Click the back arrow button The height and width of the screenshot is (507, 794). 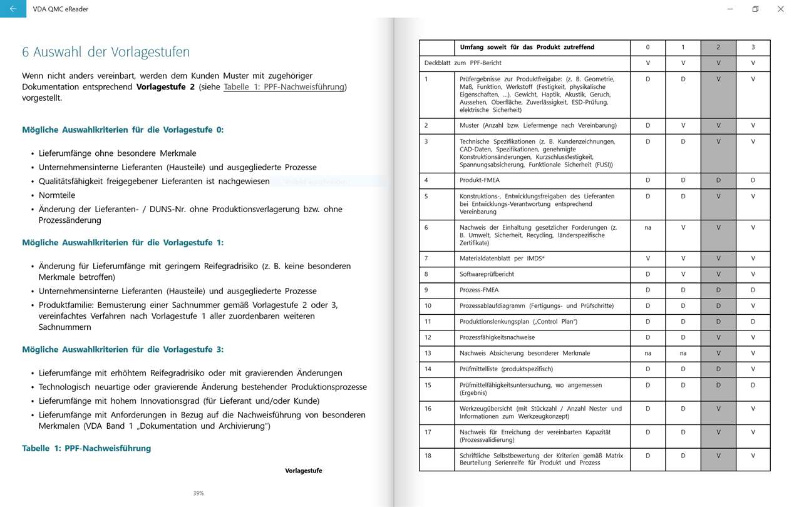pyautogui.click(x=13, y=9)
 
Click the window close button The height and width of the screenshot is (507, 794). pyautogui.click(x=780, y=9)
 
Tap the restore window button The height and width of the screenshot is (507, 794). pyautogui.click(x=755, y=9)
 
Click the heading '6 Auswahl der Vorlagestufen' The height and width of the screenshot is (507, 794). pyautogui.click(x=106, y=52)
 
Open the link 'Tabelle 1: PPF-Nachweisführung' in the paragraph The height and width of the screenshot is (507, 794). pyautogui.click(x=284, y=87)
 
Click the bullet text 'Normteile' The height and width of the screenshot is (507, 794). pyautogui.click(x=57, y=195)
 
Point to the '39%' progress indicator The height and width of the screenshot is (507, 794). pyautogui.click(x=198, y=493)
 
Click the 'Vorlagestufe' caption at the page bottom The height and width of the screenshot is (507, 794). pyautogui.click(x=304, y=471)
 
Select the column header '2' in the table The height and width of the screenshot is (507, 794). pyautogui.click(x=718, y=48)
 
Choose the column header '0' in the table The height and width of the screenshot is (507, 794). pyautogui.click(x=647, y=48)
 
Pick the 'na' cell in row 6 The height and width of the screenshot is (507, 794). pyautogui.click(x=647, y=228)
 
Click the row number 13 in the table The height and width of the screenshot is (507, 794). pyautogui.click(x=428, y=353)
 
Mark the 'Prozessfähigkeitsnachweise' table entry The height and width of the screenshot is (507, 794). pyautogui.click(x=497, y=337)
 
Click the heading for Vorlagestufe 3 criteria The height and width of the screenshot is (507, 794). pyautogui.click(x=123, y=349)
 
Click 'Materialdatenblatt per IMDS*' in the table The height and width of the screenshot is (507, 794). pyautogui.click(x=502, y=259)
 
